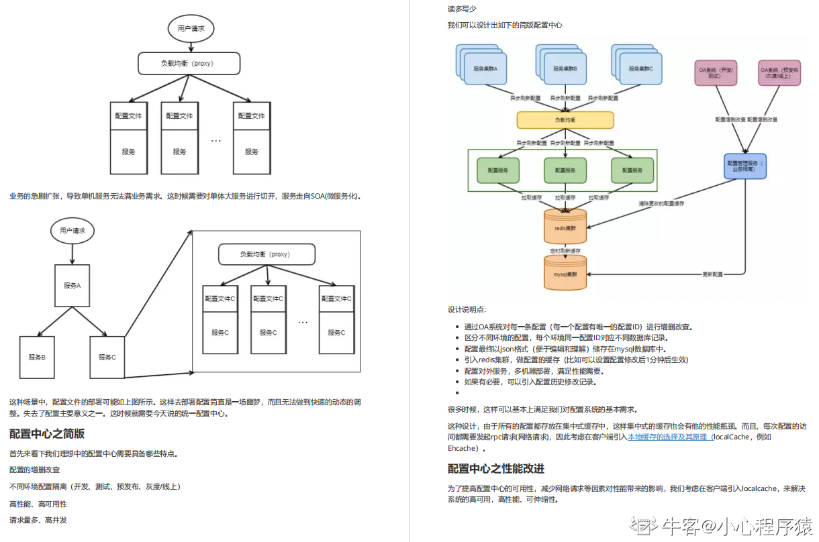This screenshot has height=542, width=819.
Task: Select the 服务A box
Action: [73, 285]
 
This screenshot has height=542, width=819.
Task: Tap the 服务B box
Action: [37, 357]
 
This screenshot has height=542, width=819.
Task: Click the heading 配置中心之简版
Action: [47, 433]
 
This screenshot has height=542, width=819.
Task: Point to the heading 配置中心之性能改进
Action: [495, 468]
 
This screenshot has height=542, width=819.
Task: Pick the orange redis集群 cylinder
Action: [565, 228]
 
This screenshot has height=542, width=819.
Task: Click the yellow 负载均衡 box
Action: [565, 120]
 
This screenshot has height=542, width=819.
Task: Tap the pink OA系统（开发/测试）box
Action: [716, 72]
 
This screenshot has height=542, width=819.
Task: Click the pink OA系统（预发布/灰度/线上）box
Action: [775, 72]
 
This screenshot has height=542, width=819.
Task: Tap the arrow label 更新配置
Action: [712, 274]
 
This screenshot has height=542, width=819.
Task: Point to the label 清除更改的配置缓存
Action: [661, 203]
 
